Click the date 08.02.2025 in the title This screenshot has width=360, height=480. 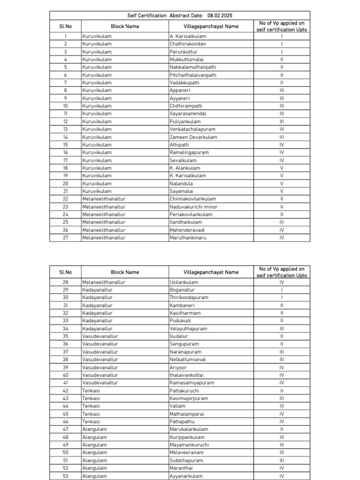[219, 15]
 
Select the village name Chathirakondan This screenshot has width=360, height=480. [187, 44]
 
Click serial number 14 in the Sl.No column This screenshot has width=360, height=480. [66, 137]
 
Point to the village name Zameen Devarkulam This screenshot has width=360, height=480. [193, 137]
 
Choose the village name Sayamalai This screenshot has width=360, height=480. [182, 191]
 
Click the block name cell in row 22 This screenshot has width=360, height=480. [104, 199]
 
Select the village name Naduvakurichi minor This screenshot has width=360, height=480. [194, 207]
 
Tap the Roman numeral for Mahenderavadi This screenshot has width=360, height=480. [282, 230]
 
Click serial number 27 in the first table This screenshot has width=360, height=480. [66, 238]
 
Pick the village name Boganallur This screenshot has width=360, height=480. [182, 290]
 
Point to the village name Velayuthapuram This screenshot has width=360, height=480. [188, 329]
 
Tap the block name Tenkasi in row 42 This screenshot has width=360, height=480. [91, 390]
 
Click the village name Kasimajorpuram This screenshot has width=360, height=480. [189, 398]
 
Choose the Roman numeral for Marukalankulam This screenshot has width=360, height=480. [282, 429]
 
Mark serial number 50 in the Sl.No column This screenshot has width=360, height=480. [66, 452]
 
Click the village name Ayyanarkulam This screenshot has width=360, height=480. [186, 476]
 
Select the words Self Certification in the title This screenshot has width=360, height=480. [147, 15]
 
